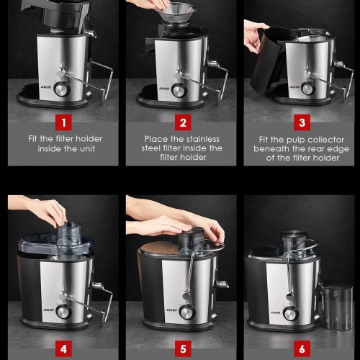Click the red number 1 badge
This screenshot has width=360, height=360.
coord(63,122)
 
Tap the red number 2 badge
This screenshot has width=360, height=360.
coord(183,122)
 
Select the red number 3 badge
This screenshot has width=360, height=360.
coord(302,122)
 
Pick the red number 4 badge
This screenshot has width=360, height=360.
coord(63,348)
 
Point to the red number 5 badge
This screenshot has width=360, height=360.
coord(183,348)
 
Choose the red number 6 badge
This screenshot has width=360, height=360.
coord(302,348)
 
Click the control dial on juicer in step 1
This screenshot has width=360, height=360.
coord(62,89)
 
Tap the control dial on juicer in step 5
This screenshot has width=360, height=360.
coord(187,312)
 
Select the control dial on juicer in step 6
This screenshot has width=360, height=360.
coord(291,313)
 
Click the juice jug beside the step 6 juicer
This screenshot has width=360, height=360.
coord(337,306)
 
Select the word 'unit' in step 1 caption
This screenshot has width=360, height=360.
coord(87,149)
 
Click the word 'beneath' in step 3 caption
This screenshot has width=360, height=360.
coord(271,149)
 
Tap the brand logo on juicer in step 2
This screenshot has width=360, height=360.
coord(164,89)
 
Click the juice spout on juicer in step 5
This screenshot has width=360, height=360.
coord(222,284)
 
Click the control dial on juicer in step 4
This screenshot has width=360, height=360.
coord(63,312)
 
